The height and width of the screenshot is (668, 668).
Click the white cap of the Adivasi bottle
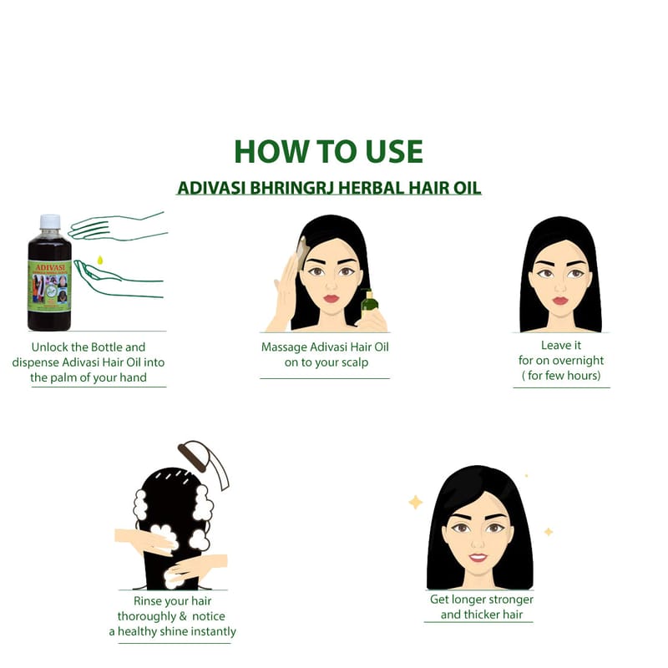point(50,221)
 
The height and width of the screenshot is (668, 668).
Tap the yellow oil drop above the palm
point(100,260)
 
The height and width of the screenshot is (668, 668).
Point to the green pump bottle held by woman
point(369,302)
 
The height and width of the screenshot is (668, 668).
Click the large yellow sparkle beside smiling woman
point(415,503)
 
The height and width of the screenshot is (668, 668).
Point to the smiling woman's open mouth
point(478,557)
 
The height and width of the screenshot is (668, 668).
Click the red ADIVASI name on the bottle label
point(50,267)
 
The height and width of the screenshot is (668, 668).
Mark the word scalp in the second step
point(354,363)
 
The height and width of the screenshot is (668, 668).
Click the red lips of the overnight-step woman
point(560,301)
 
